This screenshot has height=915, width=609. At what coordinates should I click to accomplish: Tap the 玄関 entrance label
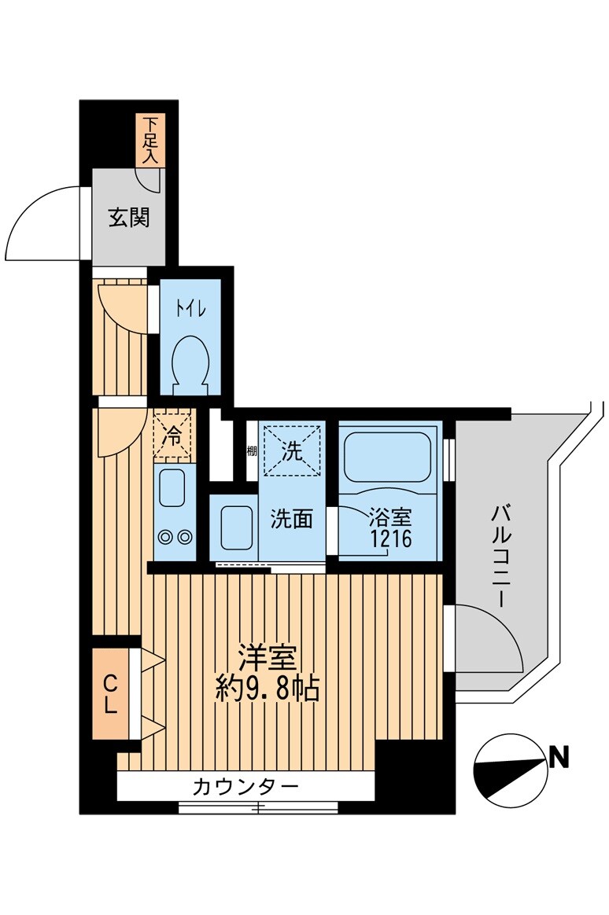(x=128, y=218)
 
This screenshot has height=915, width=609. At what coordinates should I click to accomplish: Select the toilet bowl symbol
(x=190, y=361)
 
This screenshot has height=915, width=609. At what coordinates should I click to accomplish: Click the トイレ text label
(x=190, y=310)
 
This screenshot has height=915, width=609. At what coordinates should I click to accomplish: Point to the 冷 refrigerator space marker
(x=172, y=433)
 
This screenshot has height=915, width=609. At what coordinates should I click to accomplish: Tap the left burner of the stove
(x=166, y=538)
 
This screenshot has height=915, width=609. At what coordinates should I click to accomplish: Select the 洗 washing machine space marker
(x=292, y=451)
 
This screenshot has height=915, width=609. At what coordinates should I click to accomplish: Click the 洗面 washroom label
(x=292, y=519)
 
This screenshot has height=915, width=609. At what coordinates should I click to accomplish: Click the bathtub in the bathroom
(x=387, y=456)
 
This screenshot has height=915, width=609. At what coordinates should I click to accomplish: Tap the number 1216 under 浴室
(x=390, y=541)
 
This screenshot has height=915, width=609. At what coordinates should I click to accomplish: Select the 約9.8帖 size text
(x=268, y=689)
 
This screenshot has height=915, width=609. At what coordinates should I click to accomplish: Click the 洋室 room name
(x=268, y=657)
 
